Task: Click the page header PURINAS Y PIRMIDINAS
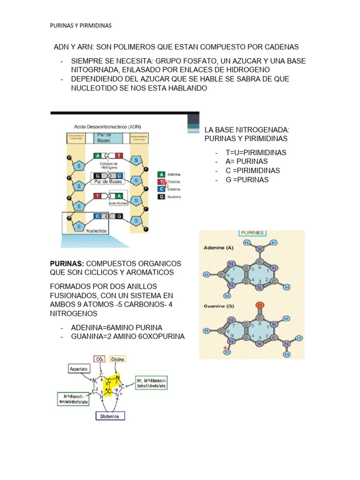click(x=81, y=26)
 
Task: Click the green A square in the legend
click(x=161, y=173)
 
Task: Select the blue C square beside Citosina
click(x=161, y=189)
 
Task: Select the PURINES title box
click(x=252, y=232)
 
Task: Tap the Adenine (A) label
click(x=218, y=247)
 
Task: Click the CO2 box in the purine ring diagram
click(x=99, y=359)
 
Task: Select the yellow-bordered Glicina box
click(x=118, y=359)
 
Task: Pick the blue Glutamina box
click(x=110, y=416)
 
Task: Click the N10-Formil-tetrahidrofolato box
click(x=73, y=399)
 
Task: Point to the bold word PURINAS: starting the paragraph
click(x=67, y=263)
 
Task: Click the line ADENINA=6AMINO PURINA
click(x=116, y=328)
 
